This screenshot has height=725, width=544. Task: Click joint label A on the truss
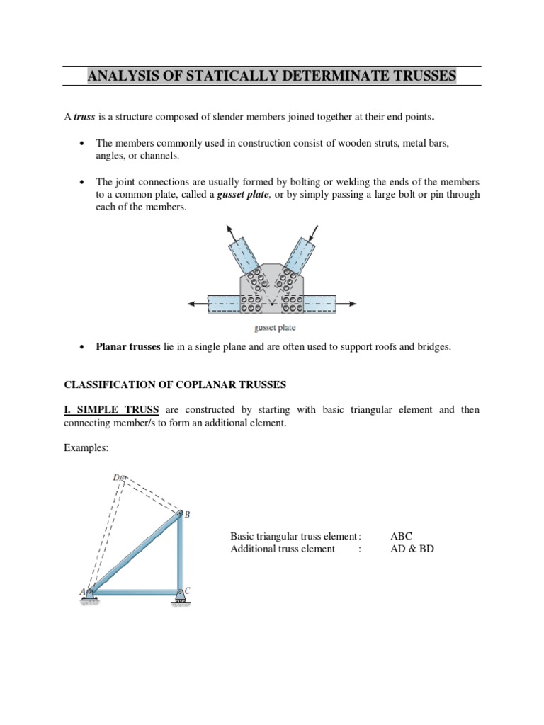coord(81,591)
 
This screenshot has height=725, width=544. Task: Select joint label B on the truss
coord(187,515)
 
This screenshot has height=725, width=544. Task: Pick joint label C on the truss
coord(187,590)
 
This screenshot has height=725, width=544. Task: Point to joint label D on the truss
coord(116,478)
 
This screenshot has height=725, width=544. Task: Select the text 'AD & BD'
coord(412,549)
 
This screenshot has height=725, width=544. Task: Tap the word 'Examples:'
coord(86,448)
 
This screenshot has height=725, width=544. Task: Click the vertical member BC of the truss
coord(178,552)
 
